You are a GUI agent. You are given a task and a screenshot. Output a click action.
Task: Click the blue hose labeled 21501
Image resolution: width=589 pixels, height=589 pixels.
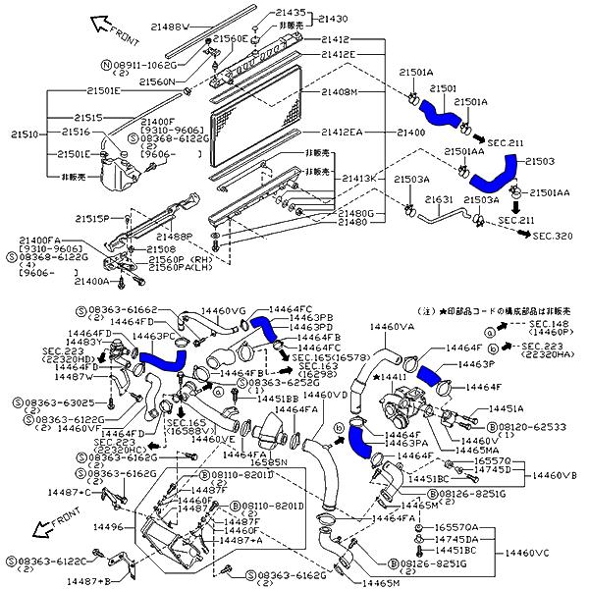tap(438, 114)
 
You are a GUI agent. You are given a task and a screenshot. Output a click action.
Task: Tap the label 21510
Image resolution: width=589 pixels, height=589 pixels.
tap(23, 133)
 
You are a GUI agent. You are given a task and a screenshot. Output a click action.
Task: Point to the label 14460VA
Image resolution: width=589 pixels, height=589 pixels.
tap(392, 327)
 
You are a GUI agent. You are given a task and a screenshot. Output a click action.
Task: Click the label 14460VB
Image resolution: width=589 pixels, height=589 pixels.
tap(555, 475)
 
